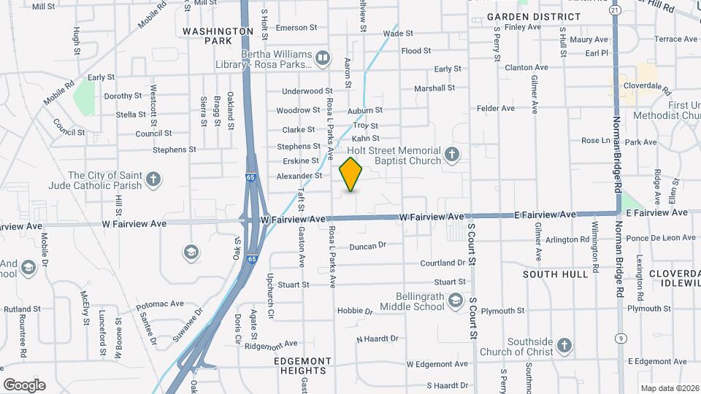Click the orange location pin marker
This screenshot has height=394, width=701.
[351, 174]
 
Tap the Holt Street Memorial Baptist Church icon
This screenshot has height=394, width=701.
[453, 155]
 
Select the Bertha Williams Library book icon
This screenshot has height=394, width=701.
[322, 57]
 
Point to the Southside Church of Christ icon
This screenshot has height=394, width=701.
[564, 345]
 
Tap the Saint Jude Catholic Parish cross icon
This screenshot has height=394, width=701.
[153, 179]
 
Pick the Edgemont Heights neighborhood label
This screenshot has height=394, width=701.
[303, 366]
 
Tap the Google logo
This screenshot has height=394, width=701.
[24, 385]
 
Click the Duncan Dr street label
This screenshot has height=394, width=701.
[367, 247]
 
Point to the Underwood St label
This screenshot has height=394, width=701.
[307, 91]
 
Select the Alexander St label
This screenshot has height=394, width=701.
[299, 176]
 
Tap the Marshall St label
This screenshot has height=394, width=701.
[434, 88]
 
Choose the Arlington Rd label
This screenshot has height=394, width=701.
[567, 239]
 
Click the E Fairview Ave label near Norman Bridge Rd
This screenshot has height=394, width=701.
[660, 212]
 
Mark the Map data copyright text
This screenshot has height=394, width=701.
[669, 388]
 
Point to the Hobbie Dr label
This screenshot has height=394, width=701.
[355, 311]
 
